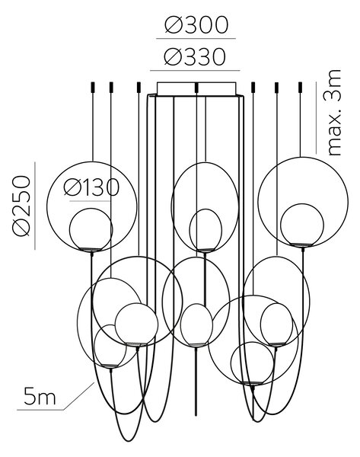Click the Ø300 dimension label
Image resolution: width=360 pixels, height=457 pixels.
[196, 24]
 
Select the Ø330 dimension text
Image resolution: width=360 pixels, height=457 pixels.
[195, 56]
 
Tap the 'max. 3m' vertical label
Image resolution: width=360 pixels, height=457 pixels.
[334, 113]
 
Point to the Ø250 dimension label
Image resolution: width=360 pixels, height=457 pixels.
[21, 205]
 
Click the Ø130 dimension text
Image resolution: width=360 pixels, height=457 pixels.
[91, 187]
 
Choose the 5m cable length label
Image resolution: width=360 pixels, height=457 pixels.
[40, 396]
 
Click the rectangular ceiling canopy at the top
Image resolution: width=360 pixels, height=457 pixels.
[196, 88]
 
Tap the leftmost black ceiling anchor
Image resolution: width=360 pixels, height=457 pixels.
[93, 87]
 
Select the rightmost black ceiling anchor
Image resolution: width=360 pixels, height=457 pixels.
[300, 87]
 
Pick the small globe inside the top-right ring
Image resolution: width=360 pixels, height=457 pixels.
[301, 225]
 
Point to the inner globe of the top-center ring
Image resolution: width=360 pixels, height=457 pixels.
[205, 230]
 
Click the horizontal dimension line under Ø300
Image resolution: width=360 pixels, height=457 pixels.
[196, 38]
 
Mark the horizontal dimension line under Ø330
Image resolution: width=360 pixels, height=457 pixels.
[195, 71]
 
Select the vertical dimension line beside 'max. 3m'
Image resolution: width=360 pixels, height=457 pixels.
[317, 118]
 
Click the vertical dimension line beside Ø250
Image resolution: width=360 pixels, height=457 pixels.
[35, 206]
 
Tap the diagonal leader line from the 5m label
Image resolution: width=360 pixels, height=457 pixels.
[79, 396]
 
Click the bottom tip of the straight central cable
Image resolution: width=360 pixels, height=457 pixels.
[196, 414]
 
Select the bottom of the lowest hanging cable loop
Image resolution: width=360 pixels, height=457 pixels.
[127, 441]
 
